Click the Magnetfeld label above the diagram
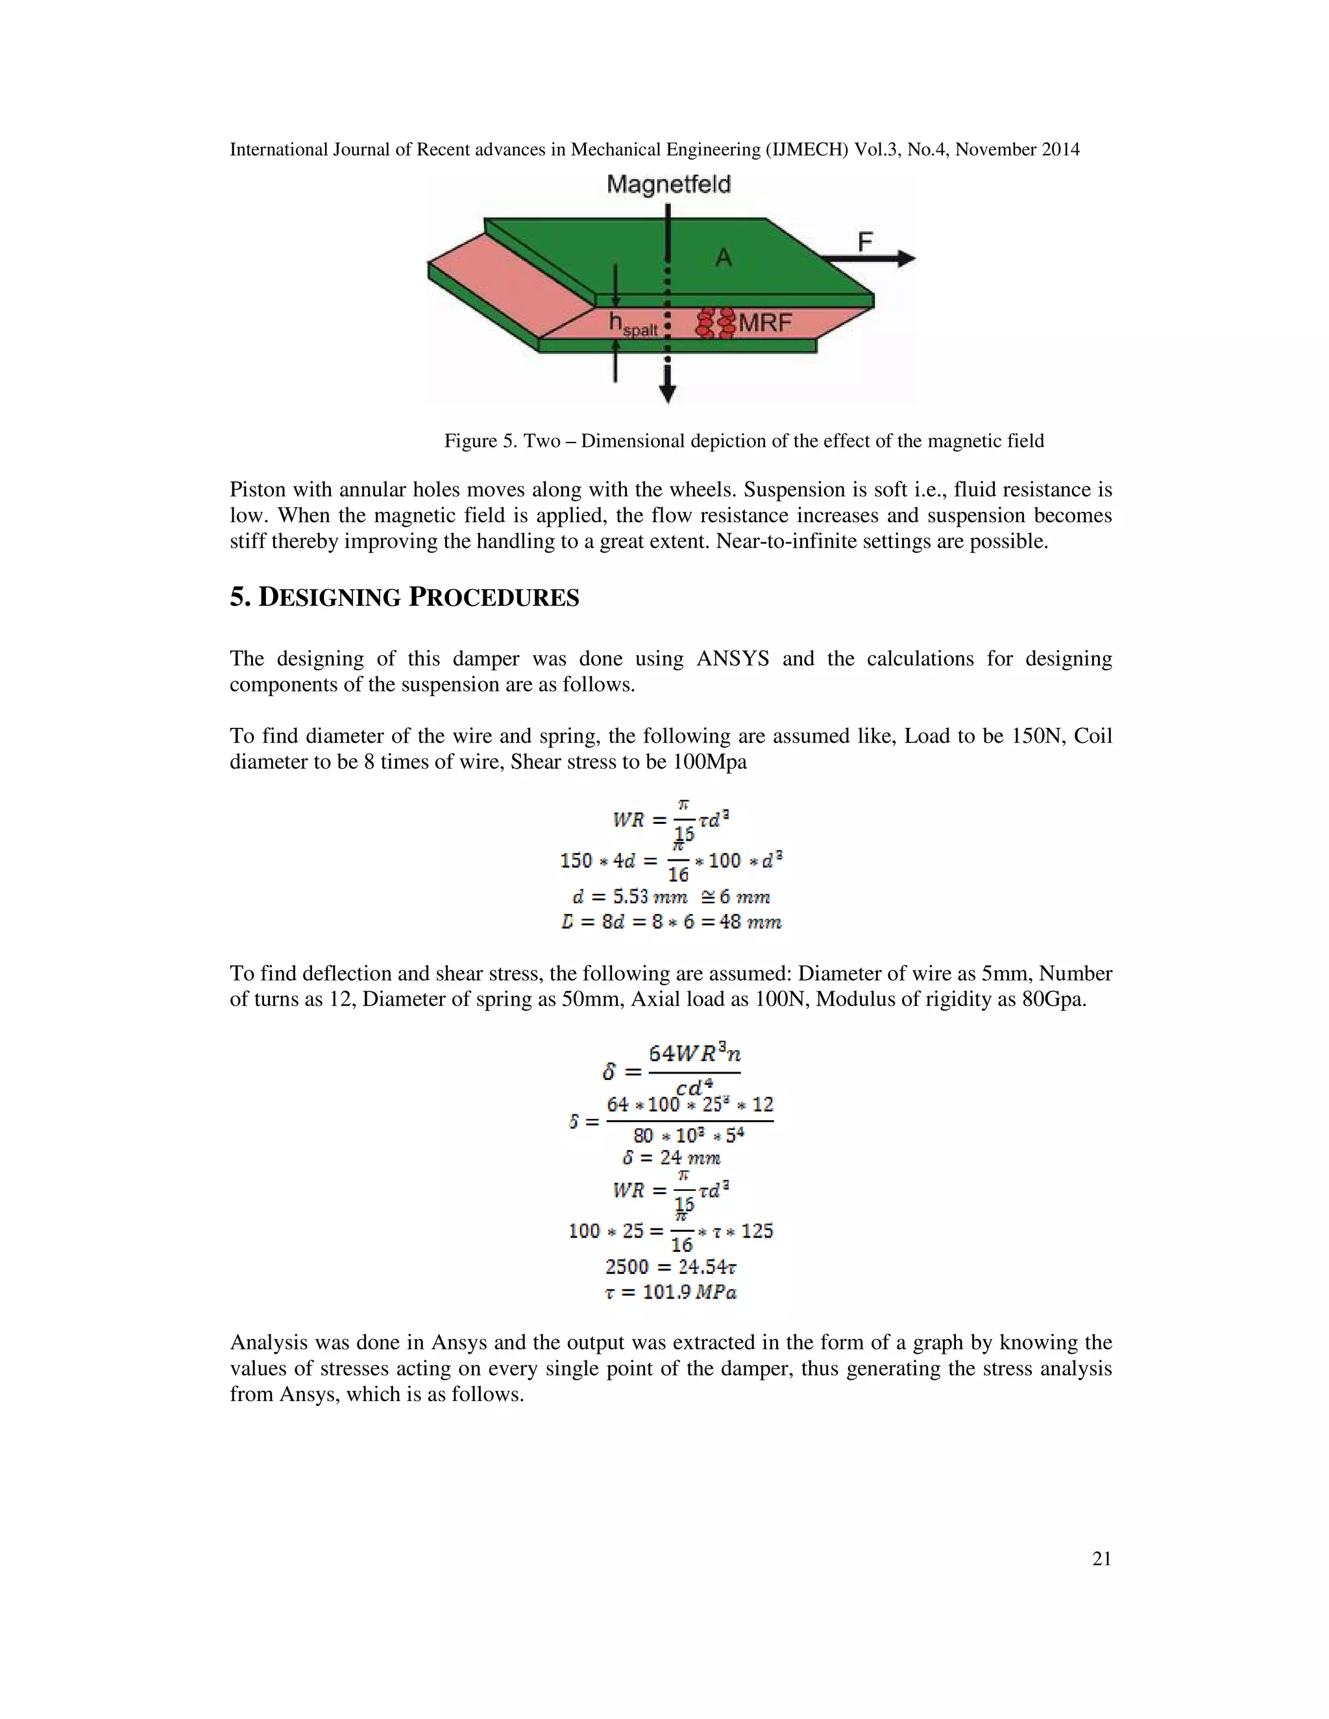click(668, 185)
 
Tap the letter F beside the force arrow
click(865, 242)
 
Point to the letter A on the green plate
click(724, 258)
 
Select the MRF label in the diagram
click(764, 322)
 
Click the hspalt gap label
click(632, 324)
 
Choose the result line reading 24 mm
click(672, 1158)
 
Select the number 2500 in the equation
click(627, 1266)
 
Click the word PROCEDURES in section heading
click(494, 598)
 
